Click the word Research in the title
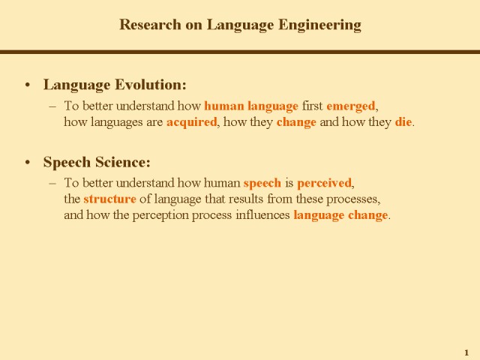[x=150, y=25]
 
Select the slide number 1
[x=466, y=352]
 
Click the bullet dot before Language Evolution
[x=28, y=85]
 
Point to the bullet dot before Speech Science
[x=28, y=163]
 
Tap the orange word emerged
[x=351, y=106]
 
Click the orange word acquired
[x=192, y=123]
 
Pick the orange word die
[x=403, y=121]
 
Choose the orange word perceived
[x=324, y=184]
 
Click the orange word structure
[x=109, y=199]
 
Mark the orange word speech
[x=262, y=184]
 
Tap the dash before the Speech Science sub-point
[x=52, y=183]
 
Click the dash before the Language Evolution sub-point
[x=52, y=106]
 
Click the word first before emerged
[x=312, y=106]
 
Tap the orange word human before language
[x=224, y=106]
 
